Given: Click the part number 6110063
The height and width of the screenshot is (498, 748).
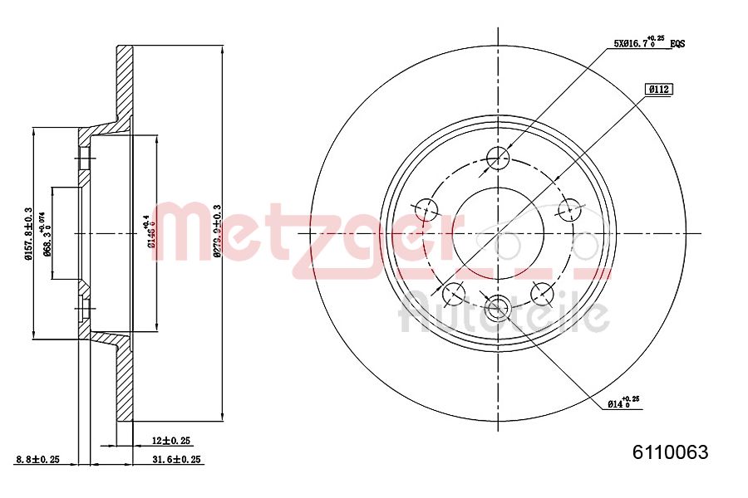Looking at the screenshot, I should (x=670, y=452).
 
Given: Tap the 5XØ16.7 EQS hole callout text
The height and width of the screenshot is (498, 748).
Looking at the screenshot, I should (x=649, y=43).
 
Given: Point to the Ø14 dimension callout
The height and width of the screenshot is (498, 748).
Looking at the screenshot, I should (x=623, y=403).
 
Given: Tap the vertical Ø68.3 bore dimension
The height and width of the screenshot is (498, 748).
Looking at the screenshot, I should (x=48, y=233).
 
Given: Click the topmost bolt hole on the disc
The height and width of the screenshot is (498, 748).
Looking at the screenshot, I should (x=498, y=157).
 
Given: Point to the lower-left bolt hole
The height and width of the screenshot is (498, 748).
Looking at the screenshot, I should (x=454, y=292).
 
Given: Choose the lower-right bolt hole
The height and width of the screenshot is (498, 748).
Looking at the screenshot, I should (x=542, y=292).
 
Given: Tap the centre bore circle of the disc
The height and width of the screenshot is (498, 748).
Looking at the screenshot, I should (x=498, y=232).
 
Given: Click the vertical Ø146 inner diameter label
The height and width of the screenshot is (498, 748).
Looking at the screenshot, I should (x=150, y=232).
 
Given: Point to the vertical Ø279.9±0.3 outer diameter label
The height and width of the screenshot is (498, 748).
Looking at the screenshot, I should (x=217, y=232).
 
